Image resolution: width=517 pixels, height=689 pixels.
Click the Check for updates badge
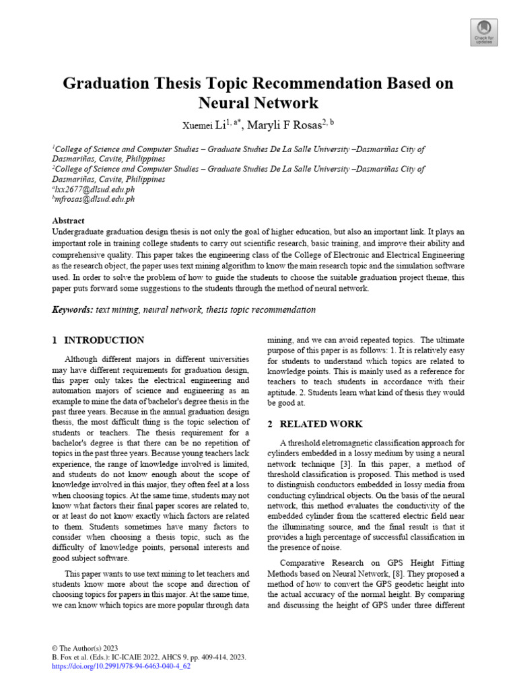(x=483, y=31)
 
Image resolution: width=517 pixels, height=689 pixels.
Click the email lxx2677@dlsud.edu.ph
(x=95, y=190)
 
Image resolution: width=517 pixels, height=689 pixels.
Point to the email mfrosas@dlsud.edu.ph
(x=96, y=199)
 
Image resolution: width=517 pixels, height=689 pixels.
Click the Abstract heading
(x=69, y=221)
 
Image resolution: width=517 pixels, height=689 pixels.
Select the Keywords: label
(x=73, y=310)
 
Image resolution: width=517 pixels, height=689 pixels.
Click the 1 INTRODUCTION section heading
(x=98, y=340)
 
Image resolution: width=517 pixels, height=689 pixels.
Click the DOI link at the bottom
(x=121, y=666)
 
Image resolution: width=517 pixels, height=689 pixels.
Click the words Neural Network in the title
(x=258, y=104)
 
